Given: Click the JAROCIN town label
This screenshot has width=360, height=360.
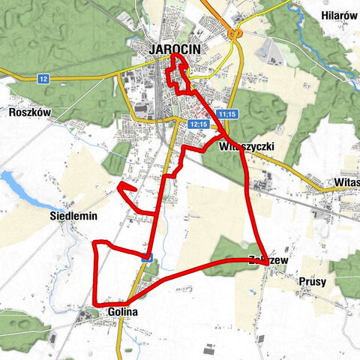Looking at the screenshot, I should pos(173,49).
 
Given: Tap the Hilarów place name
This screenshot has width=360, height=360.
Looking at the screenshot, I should pos(338,16).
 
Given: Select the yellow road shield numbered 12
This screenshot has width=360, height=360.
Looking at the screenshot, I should pos(43,79).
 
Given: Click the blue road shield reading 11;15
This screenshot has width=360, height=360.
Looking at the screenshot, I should pos(228,114).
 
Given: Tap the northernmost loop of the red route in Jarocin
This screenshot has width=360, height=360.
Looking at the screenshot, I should pos(178,58).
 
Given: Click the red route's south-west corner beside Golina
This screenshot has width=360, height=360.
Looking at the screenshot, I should pos(95,304).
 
